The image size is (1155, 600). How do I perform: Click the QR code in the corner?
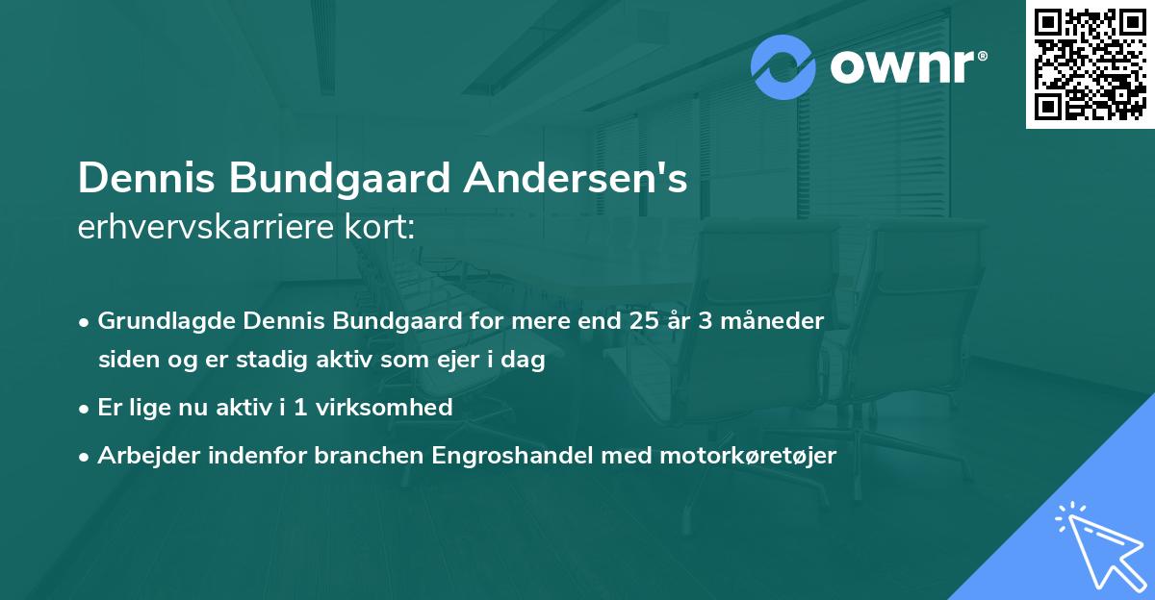pyautogui.click(x=1091, y=63)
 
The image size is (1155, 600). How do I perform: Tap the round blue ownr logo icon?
pyautogui.click(x=783, y=67)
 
